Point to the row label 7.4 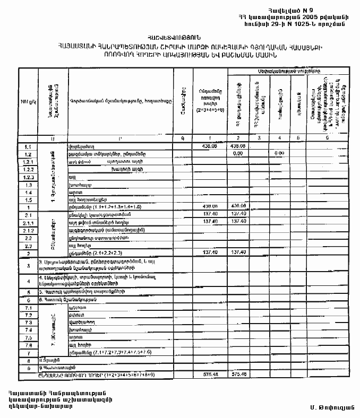tap(28, 329)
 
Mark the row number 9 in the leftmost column tap(27, 367)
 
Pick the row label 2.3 tap(28, 246)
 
